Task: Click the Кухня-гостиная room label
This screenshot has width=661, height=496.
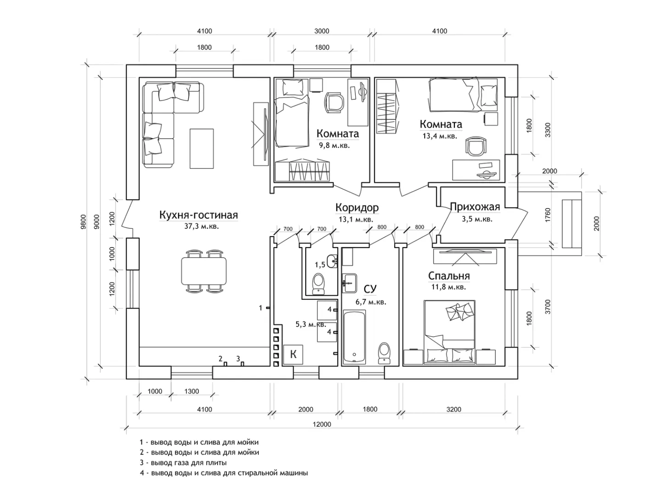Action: (198, 215)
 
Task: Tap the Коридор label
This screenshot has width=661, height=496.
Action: (357, 208)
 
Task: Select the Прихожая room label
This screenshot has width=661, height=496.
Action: (475, 207)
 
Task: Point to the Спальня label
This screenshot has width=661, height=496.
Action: (448, 276)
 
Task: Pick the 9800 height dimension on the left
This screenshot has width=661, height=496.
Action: (83, 221)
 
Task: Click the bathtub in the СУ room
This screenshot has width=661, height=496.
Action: (354, 337)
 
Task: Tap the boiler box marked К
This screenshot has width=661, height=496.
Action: (293, 354)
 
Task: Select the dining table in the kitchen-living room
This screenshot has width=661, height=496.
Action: (204, 271)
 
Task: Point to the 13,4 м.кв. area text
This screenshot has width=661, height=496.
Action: (439, 136)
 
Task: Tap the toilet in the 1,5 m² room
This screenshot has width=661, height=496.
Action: (318, 283)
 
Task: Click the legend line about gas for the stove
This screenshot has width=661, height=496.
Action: (183, 462)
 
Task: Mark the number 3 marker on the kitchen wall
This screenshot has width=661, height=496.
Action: (238, 358)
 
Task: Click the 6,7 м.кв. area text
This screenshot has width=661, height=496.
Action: (370, 302)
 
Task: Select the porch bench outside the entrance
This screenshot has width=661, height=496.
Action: (571, 224)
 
